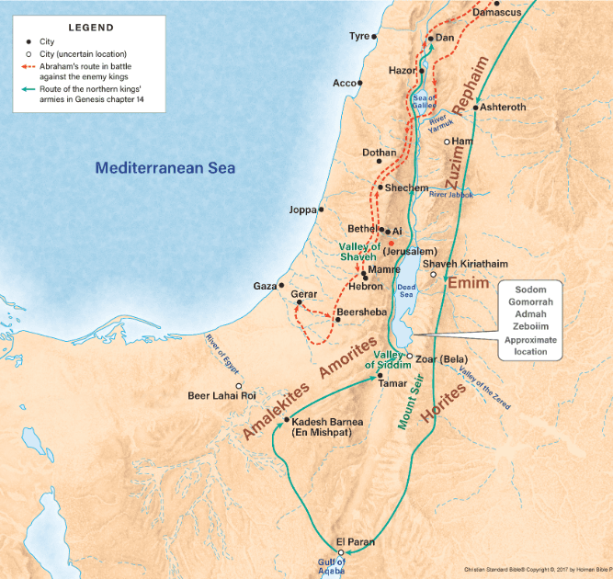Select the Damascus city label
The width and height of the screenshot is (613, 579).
tap(497, 13)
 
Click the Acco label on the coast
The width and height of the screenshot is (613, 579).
tap(344, 83)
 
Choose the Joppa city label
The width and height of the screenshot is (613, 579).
tap(302, 210)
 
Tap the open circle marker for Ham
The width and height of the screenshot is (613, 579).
tap(448, 142)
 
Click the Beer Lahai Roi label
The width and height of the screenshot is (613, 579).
tap(221, 396)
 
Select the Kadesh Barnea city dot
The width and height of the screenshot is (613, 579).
tap(287, 420)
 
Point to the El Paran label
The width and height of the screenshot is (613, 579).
tap(355, 542)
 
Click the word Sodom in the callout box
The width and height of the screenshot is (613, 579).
tap(530, 289)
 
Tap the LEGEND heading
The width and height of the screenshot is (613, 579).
tap(91, 28)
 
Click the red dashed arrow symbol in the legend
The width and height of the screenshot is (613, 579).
tap(29, 67)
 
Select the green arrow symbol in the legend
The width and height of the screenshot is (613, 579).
tap(29, 90)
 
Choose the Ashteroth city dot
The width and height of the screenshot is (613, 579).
tap(475, 108)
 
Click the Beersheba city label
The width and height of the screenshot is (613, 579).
tap(363, 312)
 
